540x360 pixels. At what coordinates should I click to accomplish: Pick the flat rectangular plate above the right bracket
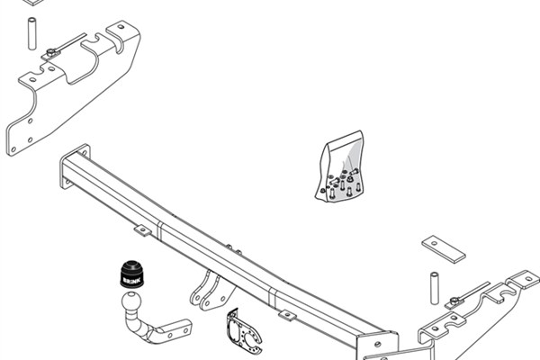pyautogui.click(x=445, y=249)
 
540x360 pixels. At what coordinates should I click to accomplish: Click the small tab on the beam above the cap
pyautogui.click(x=142, y=230)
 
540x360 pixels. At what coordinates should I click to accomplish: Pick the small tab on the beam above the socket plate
pyautogui.click(x=286, y=315)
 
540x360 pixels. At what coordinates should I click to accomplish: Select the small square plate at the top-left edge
pyautogui.click(x=36, y=3)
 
